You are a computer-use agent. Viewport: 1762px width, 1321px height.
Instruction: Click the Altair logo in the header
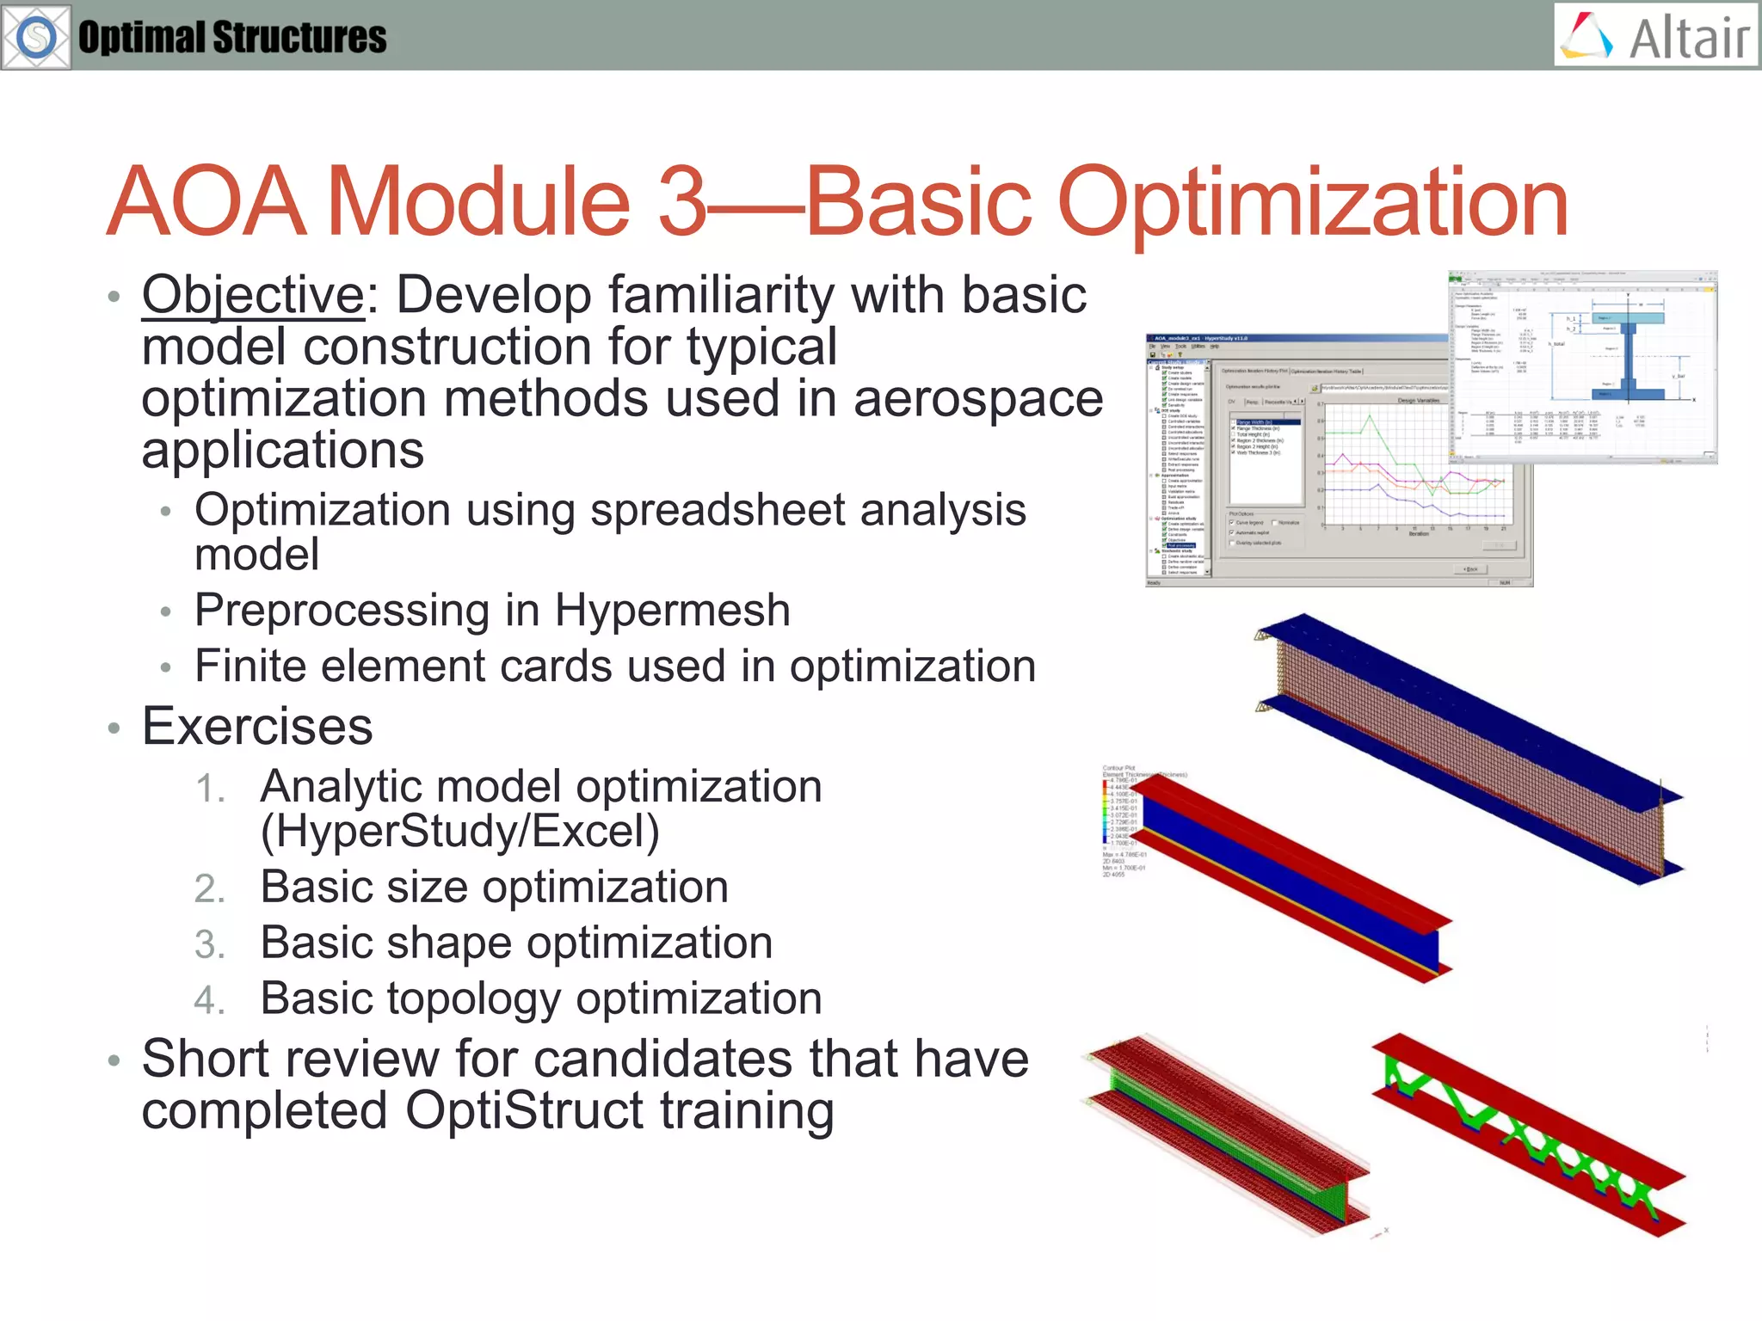(x=1656, y=36)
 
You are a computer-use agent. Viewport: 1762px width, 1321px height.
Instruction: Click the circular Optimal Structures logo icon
(x=36, y=37)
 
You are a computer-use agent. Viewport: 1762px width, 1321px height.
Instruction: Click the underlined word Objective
(x=254, y=295)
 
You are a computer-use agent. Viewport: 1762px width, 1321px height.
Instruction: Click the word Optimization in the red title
(x=1312, y=201)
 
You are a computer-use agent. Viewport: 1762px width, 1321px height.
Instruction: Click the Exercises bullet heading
(x=256, y=727)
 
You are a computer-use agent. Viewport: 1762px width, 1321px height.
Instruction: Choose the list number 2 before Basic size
(x=210, y=889)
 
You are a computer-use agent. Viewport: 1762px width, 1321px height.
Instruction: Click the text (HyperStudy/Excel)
(x=459, y=831)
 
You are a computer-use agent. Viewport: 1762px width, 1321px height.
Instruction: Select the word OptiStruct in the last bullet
(x=525, y=1110)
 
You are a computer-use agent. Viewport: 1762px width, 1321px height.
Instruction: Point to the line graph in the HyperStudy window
(x=1415, y=469)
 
